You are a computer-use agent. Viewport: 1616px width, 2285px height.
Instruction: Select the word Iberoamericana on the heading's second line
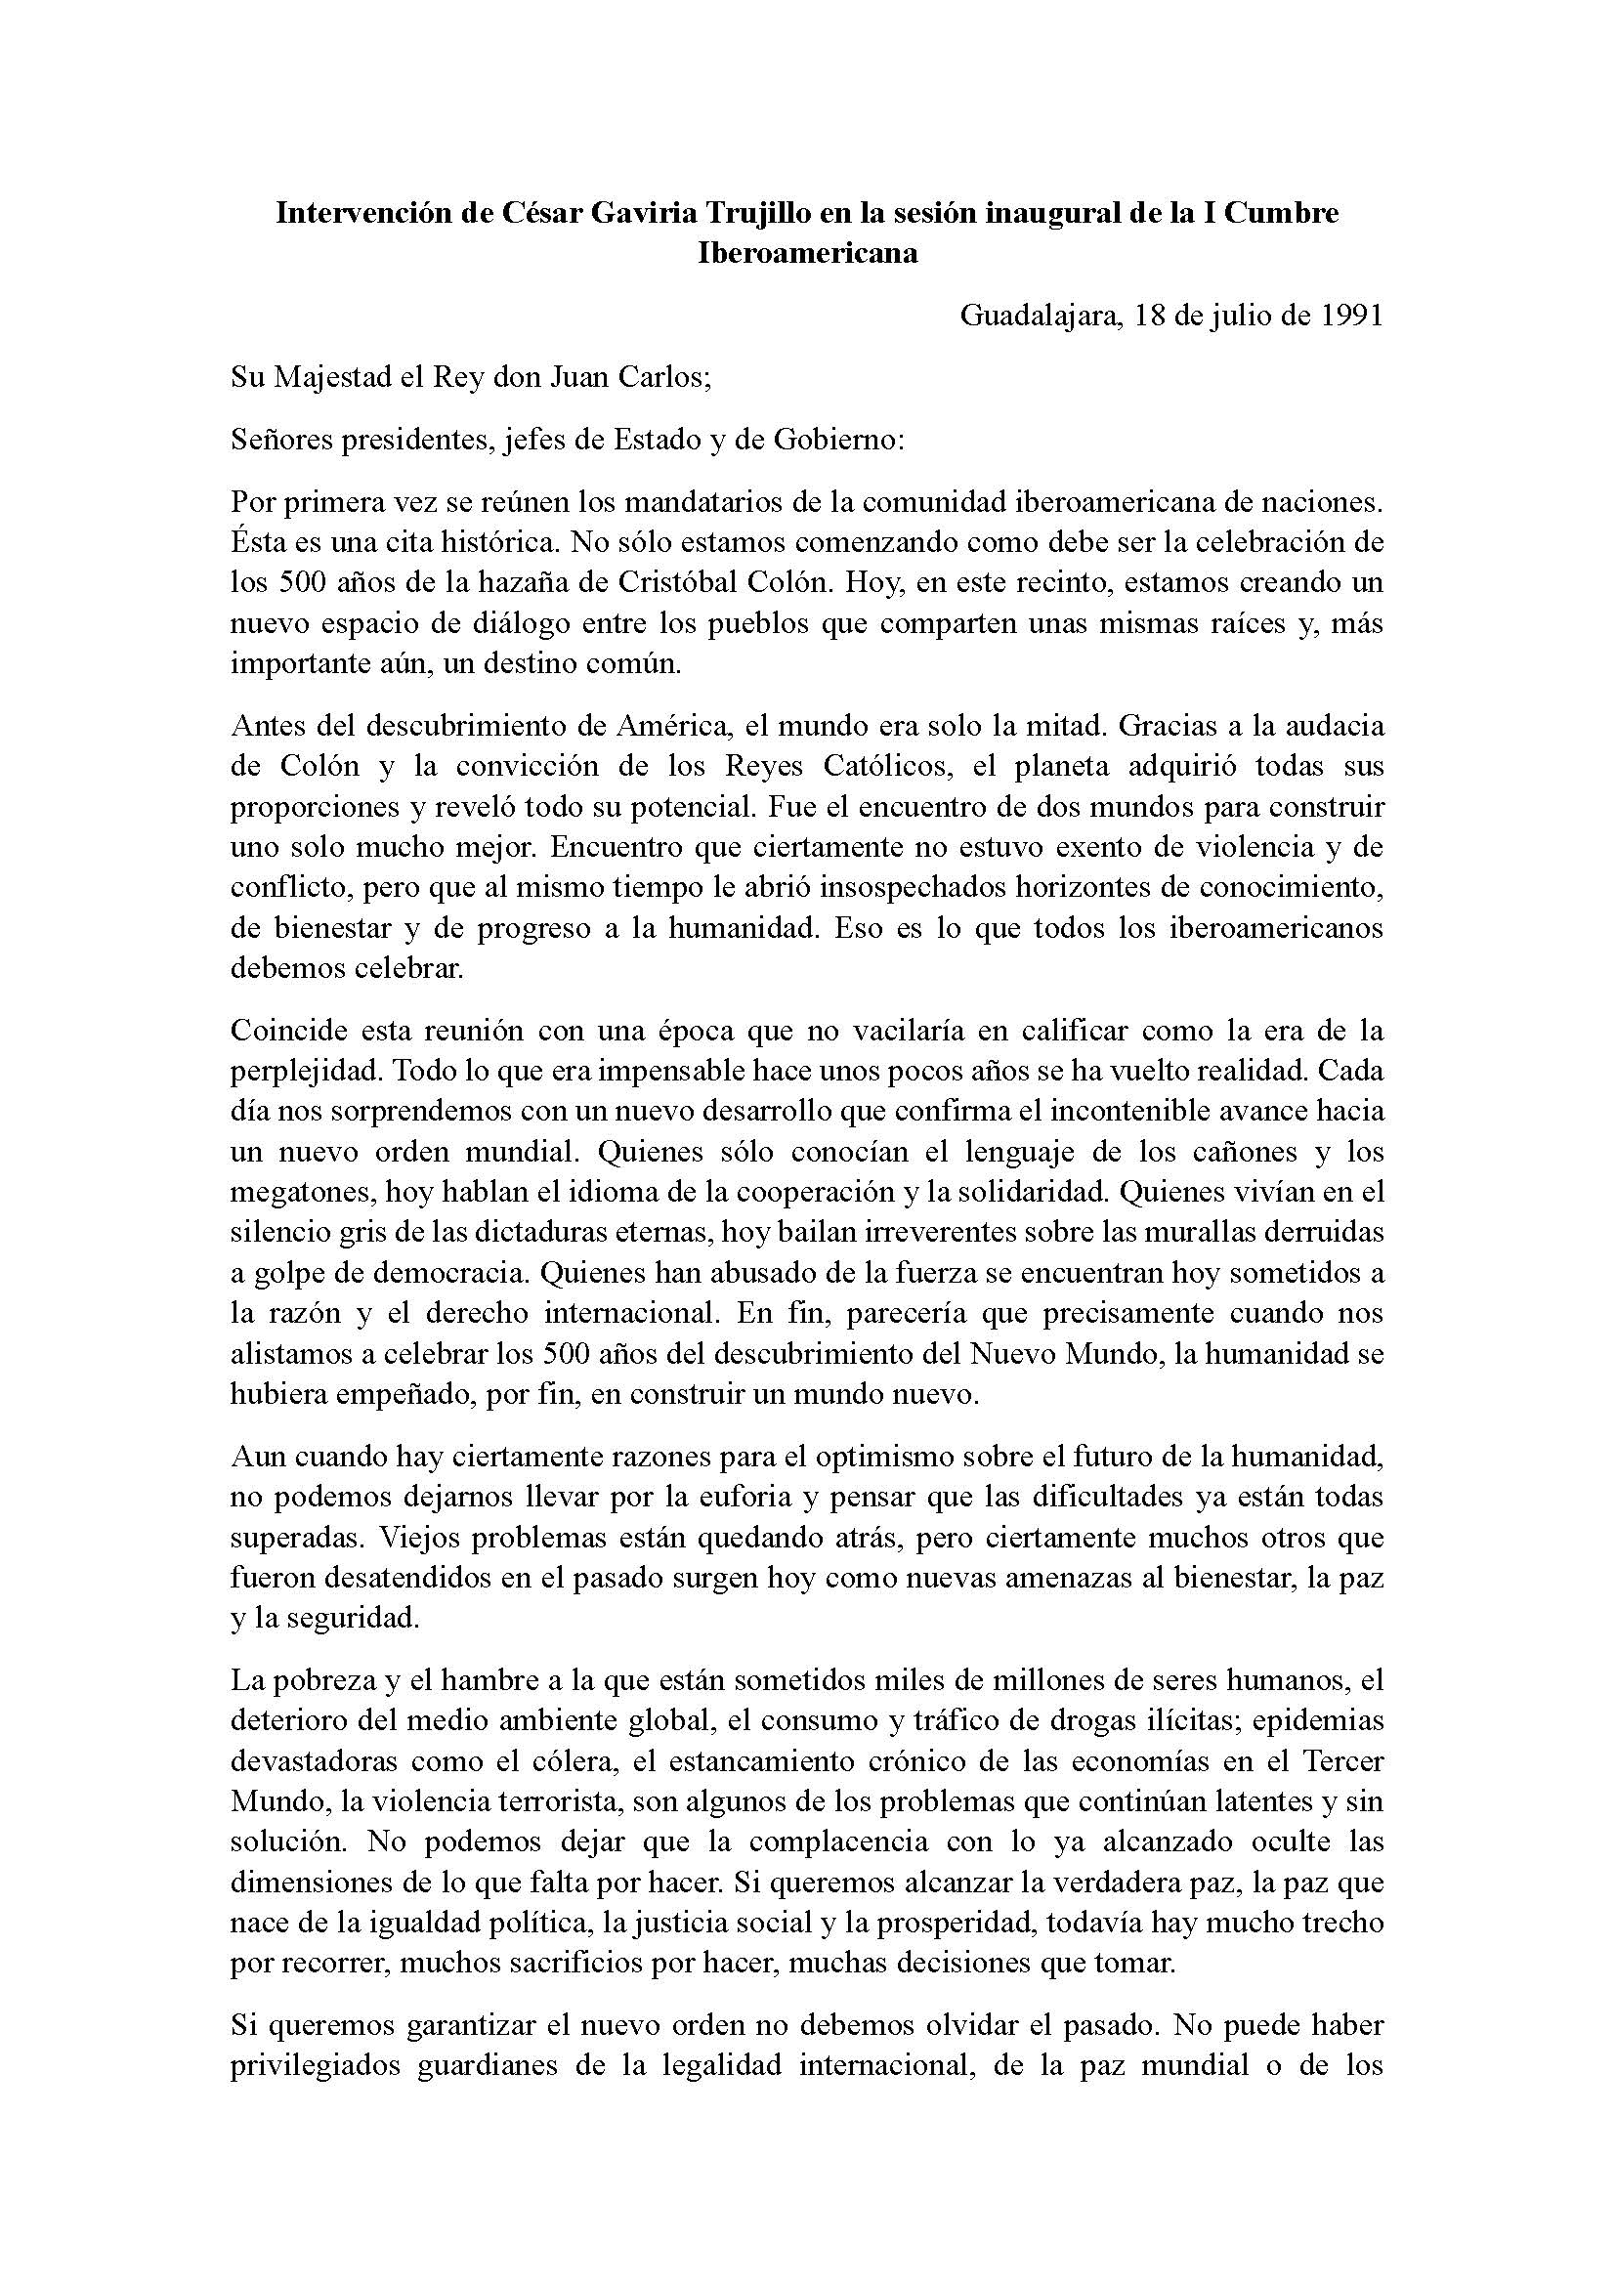click(807, 253)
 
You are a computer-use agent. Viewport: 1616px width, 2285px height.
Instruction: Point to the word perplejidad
click(304, 1071)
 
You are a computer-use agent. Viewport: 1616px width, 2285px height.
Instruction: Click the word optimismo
click(888, 1456)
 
